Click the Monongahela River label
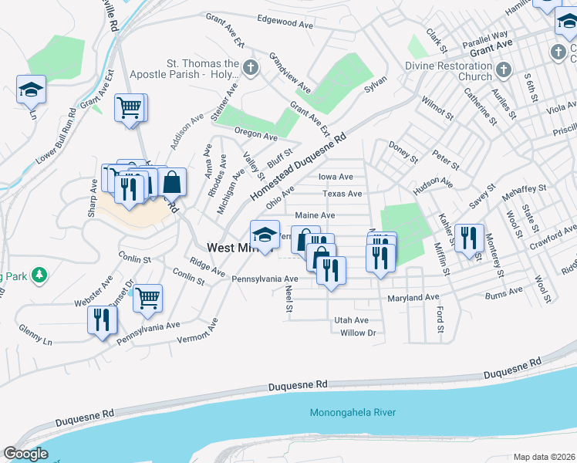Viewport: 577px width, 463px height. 353,413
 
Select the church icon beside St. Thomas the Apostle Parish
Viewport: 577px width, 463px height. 250,69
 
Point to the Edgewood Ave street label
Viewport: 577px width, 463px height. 285,22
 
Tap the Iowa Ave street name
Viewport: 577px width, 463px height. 336,177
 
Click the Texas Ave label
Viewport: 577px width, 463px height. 342,194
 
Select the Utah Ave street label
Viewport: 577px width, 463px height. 351,320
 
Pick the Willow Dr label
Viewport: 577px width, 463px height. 357,333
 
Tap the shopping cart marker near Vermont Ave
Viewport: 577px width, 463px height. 147,298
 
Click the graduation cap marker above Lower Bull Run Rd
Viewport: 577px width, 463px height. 32,90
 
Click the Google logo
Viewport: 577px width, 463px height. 25,454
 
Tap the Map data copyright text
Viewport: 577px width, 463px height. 544,457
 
